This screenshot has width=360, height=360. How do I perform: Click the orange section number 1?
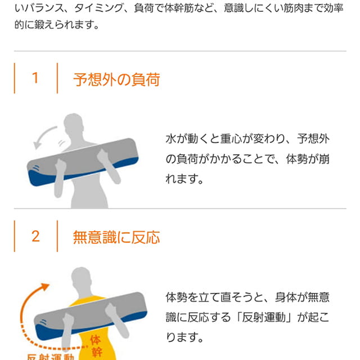(x=35, y=78)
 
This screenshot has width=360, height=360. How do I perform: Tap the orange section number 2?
(x=35, y=236)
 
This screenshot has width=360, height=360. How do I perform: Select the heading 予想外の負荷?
(x=116, y=79)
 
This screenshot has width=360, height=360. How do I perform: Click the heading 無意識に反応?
(x=116, y=237)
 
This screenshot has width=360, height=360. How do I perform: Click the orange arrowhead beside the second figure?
(x=44, y=287)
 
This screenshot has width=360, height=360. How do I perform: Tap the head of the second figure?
(x=81, y=277)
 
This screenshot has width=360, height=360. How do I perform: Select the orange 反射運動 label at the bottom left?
(x=50, y=357)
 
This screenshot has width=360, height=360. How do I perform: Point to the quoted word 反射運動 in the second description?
(x=263, y=317)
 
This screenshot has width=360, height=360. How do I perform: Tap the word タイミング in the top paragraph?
(x=99, y=8)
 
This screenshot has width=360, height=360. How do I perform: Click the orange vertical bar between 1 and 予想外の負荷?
(x=57, y=78)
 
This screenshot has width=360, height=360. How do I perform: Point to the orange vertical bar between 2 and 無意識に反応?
(x=57, y=236)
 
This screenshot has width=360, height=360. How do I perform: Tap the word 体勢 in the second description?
(x=176, y=297)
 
